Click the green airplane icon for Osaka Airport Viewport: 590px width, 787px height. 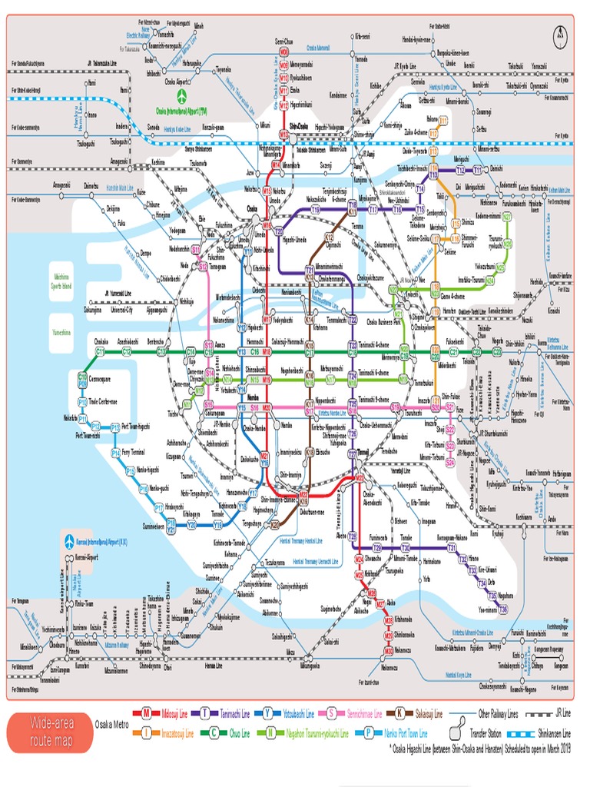click(182, 98)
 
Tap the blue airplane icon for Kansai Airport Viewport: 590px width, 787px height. click(68, 540)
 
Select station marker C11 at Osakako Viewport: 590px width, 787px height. click(100, 351)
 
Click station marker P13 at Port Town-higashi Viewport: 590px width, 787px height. click(115, 427)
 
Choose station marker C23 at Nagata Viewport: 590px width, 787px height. click(497, 351)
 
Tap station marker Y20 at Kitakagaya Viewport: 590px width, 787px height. click(192, 525)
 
